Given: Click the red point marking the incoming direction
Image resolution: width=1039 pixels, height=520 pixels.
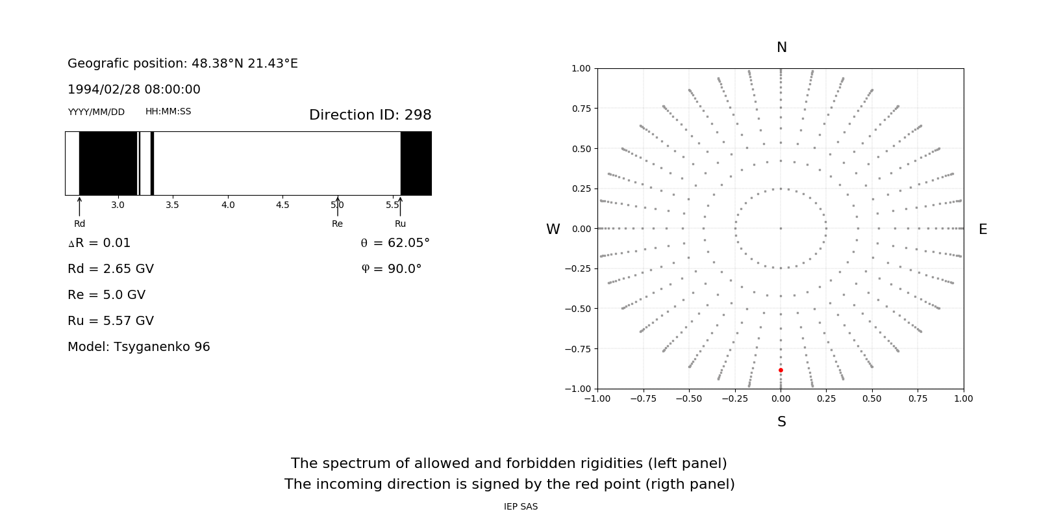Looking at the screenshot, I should click(x=781, y=370).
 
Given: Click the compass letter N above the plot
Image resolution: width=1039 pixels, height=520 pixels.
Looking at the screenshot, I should click(x=782, y=47).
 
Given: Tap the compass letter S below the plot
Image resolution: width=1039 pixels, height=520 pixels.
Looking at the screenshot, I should click(x=782, y=422).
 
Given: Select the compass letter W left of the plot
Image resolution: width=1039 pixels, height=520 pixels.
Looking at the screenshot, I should click(x=553, y=229).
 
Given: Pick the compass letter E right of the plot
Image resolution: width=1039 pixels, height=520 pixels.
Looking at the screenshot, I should click(x=983, y=229).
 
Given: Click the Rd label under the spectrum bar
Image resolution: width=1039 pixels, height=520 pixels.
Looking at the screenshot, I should click(x=79, y=224).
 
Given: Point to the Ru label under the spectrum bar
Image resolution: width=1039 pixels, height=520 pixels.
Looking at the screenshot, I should click(x=400, y=224).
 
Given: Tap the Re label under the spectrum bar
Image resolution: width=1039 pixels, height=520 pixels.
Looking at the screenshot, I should click(x=337, y=224).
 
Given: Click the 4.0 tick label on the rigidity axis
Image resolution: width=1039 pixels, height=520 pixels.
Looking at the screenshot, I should click(x=228, y=205).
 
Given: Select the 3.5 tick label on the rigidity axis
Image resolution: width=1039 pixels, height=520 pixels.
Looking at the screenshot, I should click(x=172, y=205).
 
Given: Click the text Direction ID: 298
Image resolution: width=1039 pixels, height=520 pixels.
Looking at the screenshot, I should click(x=370, y=115).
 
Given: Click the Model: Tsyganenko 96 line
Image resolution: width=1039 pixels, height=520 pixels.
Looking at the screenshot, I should click(x=139, y=346).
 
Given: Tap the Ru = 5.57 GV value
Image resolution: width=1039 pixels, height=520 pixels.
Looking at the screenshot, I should click(x=110, y=320).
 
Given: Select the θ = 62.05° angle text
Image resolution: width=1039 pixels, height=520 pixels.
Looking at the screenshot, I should click(x=395, y=242).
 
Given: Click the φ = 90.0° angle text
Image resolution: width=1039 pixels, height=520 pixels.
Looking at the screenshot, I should click(x=391, y=268).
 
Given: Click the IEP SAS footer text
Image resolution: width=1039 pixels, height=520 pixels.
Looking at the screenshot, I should click(x=521, y=506).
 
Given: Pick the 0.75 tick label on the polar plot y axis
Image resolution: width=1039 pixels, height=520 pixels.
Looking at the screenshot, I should click(x=581, y=109).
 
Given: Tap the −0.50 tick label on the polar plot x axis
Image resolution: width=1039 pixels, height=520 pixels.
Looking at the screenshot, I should click(x=689, y=398).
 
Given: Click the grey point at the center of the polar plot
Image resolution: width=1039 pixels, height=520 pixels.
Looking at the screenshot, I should click(x=781, y=228).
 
